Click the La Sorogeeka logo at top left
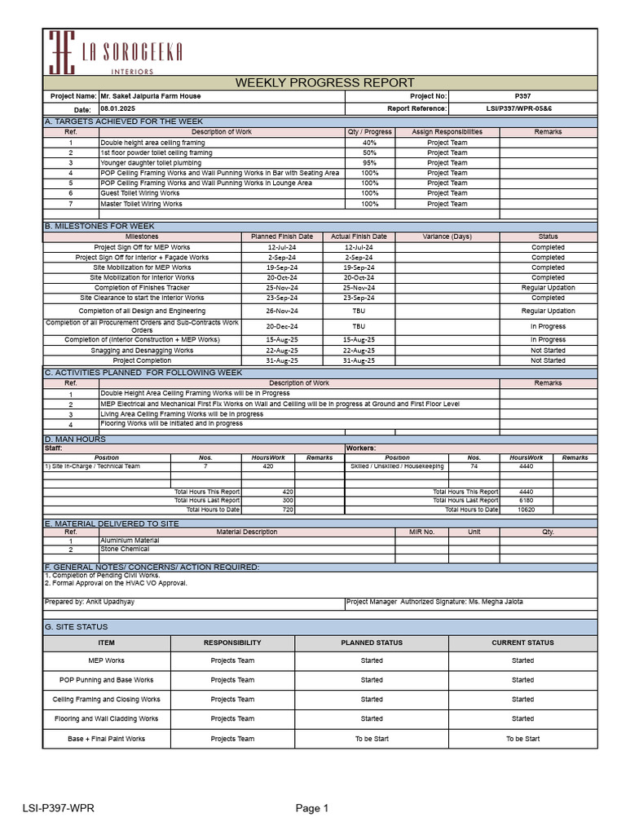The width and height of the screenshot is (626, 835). (115, 53)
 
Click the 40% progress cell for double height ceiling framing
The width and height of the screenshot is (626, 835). (369, 143)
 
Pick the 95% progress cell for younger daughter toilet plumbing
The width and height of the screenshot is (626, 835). (369, 163)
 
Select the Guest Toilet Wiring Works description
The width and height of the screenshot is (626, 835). (139, 193)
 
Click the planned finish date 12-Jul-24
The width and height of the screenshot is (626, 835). (281, 247)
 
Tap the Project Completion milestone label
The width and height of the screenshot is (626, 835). (142, 360)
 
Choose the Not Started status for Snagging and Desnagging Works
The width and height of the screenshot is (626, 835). (548, 351)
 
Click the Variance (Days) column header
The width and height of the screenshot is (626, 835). (447, 236)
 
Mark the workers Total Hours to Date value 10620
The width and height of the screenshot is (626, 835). (526, 510)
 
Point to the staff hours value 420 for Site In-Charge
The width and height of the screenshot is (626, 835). (267, 466)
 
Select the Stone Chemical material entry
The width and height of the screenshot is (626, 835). (125, 550)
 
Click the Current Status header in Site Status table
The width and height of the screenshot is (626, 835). (522, 643)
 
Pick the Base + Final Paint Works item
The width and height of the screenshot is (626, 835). (106, 739)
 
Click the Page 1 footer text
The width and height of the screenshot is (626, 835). (312, 809)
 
